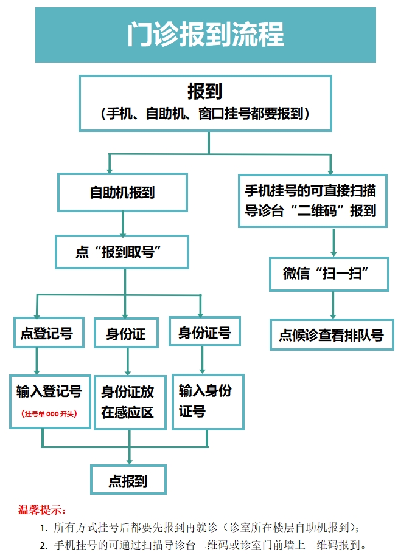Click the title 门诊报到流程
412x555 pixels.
(x=206, y=35)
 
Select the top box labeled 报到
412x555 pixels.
(x=205, y=103)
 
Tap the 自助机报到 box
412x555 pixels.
(x=122, y=192)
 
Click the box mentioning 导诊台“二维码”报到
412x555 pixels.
(x=312, y=201)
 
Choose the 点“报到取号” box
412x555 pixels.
(x=122, y=252)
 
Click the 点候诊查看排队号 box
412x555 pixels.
(x=332, y=334)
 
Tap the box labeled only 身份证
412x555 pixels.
(x=126, y=333)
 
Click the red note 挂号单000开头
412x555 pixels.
(x=49, y=415)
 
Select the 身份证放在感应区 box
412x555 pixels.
(x=128, y=402)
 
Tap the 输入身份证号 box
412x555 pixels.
(x=204, y=401)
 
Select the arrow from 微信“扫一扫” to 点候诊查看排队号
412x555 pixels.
(x=332, y=305)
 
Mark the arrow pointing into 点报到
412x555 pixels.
(x=129, y=456)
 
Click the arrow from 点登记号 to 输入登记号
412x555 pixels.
(x=37, y=361)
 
